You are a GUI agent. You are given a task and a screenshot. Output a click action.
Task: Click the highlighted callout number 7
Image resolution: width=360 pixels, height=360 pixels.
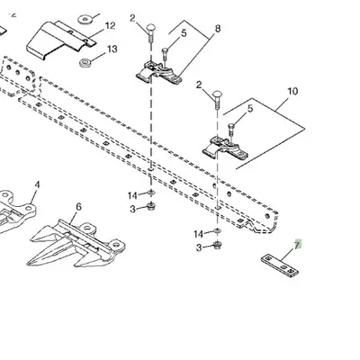297,245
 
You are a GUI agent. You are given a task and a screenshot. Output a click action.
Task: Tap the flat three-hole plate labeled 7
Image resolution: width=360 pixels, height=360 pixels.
280,265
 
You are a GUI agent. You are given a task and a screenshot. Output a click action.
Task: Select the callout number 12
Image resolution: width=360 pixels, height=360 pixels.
111,26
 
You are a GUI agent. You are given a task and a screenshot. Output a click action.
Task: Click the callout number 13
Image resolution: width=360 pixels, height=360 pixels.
112,49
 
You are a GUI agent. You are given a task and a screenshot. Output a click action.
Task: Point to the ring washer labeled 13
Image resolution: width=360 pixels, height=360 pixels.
85,63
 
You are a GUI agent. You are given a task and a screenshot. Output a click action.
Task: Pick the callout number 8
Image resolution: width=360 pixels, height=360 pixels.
218,29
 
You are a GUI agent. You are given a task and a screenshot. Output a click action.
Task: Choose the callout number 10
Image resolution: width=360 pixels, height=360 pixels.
292,91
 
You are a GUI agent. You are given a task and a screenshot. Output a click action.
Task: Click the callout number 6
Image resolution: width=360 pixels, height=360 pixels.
78,207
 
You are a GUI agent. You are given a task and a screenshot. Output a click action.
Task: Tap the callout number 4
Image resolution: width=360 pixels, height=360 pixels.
37,184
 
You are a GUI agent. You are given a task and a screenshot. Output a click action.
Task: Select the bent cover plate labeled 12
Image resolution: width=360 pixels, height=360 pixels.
60,40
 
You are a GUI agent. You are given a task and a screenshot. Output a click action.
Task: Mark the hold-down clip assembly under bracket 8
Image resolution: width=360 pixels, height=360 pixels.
159,73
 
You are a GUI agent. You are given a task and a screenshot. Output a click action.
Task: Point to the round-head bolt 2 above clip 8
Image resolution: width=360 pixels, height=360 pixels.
150,33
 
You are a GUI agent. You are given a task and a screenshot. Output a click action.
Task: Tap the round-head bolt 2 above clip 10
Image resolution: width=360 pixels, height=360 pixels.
217,100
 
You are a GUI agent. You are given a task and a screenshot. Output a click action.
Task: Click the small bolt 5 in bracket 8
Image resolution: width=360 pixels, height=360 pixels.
165,56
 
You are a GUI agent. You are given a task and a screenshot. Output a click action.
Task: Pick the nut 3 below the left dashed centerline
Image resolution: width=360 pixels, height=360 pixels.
150,206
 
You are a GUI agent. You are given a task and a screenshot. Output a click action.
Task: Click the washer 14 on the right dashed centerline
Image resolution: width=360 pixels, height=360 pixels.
217,231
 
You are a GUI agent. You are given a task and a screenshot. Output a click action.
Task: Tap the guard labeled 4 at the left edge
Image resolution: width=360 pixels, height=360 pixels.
15,210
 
